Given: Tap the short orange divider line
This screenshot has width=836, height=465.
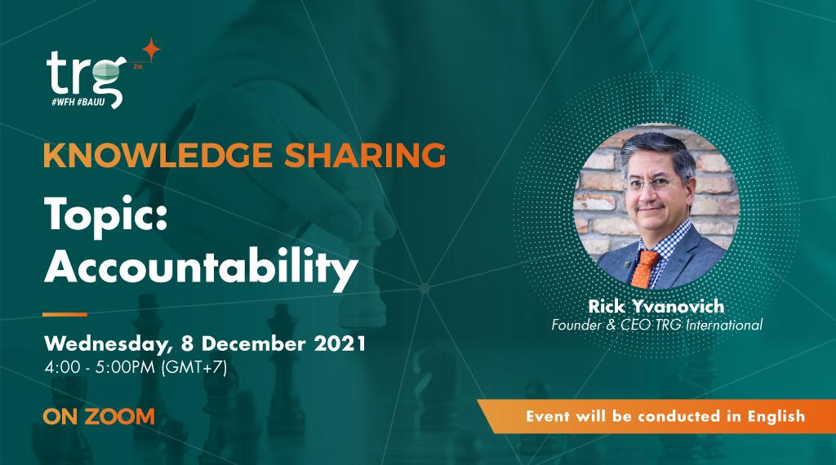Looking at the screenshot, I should (x=64, y=314).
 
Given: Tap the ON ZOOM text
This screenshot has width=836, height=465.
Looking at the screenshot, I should (x=99, y=416).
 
